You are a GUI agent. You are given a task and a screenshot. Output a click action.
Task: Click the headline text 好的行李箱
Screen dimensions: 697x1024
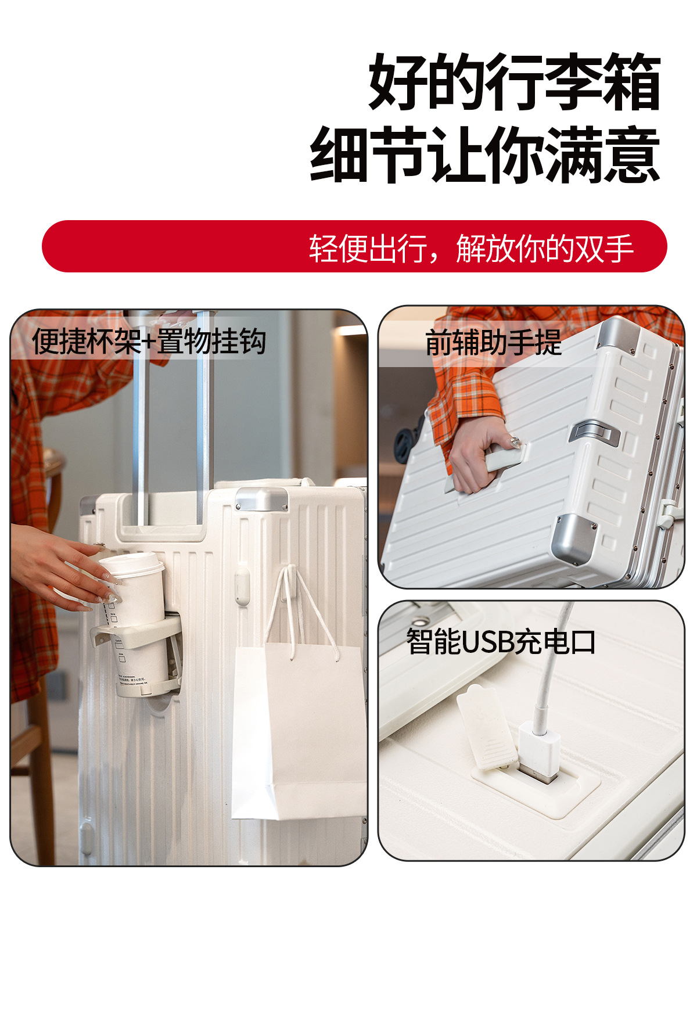pyautogui.click(x=515, y=82)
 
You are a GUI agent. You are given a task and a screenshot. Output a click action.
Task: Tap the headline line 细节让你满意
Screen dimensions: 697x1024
pyautogui.click(x=485, y=155)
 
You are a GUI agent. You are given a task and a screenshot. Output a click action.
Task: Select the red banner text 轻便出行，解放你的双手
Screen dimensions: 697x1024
pyautogui.click(x=471, y=248)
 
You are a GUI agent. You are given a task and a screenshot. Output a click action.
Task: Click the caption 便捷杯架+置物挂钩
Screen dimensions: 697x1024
pyautogui.click(x=149, y=341)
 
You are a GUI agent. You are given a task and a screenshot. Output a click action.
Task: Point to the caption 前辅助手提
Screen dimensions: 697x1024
pyautogui.click(x=494, y=342)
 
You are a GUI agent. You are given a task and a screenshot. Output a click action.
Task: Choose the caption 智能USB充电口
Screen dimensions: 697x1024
pyautogui.click(x=501, y=642)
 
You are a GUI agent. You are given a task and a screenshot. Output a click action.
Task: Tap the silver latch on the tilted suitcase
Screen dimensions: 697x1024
pyautogui.click(x=594, y=433)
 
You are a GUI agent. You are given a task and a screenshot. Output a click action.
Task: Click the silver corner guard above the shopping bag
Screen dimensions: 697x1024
pyautogui.click(x=262, y=499)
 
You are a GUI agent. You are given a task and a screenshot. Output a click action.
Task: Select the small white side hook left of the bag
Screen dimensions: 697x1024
pyautogui.click(x=242, y=587)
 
